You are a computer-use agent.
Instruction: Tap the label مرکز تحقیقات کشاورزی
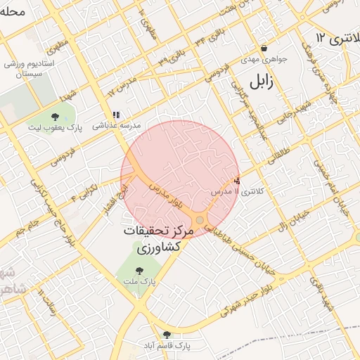pos(152,239)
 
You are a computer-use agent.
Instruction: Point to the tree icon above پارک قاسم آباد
pos(167,335)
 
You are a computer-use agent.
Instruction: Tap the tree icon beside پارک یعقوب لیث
pos(55,117)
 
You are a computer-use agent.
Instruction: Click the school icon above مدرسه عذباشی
pos(116,114)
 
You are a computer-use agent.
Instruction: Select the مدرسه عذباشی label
pos(116,124)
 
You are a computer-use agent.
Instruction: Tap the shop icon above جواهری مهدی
pos(264,49)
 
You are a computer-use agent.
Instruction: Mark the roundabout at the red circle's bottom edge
pos(200,221)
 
